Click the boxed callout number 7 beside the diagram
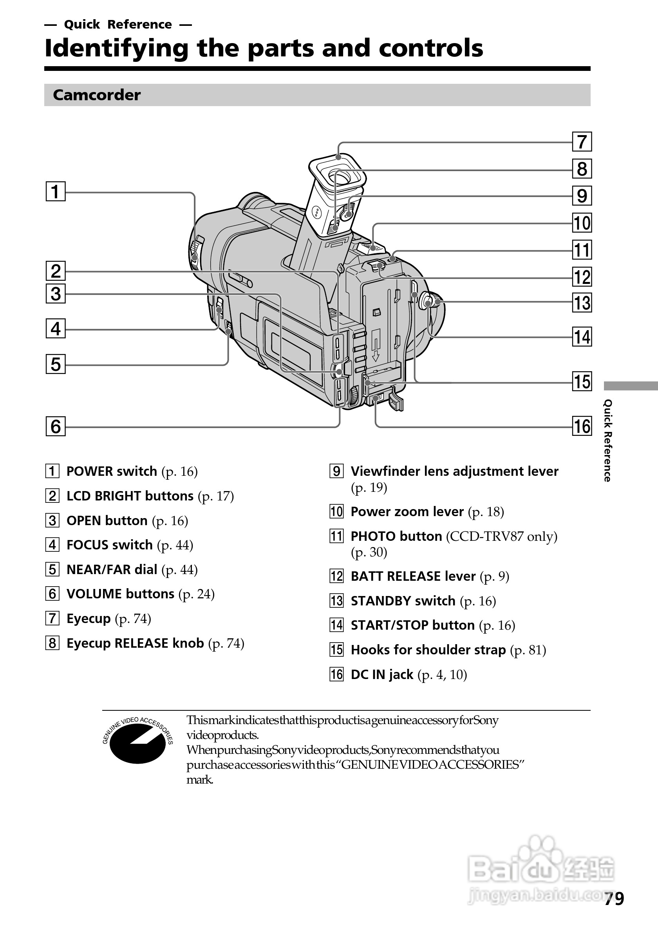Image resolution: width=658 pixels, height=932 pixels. coord(582,142)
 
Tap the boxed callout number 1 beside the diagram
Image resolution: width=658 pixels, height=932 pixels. coord(56,191)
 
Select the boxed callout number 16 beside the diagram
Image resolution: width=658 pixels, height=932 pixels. coord(582,426)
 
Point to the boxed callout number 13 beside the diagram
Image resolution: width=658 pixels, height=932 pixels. coord(582,303)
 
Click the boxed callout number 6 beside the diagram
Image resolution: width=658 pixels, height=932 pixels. coord(56,426)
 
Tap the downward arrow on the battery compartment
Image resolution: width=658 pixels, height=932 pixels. coord(376,349)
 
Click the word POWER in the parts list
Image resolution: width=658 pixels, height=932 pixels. coord(89,471)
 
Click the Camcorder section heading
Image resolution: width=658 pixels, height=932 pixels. coord(97,95)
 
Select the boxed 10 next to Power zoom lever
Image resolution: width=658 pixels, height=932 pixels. coord(336,511)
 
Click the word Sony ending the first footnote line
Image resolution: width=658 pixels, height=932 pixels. coord(486,720)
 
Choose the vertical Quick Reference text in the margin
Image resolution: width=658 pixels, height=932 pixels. coord(607,441)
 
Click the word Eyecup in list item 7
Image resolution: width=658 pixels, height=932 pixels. coord(89,619)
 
